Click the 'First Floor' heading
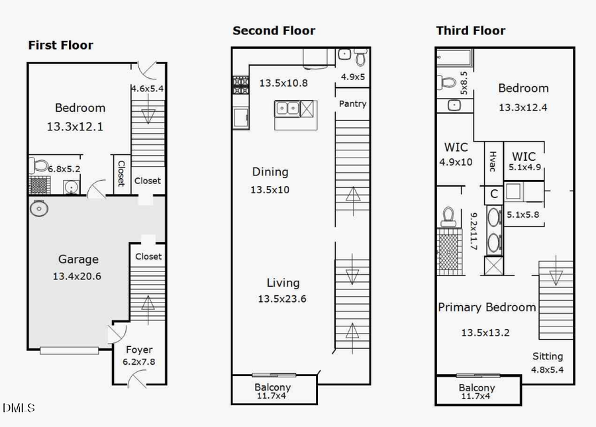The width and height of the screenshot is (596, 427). point(60,46)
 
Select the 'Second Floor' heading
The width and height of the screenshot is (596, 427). point(273,30)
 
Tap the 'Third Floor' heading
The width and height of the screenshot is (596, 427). point(470,30)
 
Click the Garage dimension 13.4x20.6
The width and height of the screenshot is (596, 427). point(78,276)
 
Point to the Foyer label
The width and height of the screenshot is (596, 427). point(138,350)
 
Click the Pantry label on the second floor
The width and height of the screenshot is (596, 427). point(352,104)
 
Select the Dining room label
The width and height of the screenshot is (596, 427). point(270,172)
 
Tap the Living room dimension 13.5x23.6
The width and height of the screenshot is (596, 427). point(283,299)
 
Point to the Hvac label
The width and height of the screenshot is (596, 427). point(492,161)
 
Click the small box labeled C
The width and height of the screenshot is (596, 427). point(494,195)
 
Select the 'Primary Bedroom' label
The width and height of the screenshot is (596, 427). point(487,307)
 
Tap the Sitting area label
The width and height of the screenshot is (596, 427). point(547,356)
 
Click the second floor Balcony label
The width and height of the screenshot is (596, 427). point(272,387)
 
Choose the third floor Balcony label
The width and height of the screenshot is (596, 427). point(476,388)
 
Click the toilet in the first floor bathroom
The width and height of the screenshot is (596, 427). point(40,165)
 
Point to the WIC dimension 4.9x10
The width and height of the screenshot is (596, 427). point(456,162)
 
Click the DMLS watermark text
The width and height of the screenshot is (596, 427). point(19,408)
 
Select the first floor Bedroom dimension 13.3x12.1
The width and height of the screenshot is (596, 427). point(75,126)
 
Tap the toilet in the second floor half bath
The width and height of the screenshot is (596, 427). point(360,58)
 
